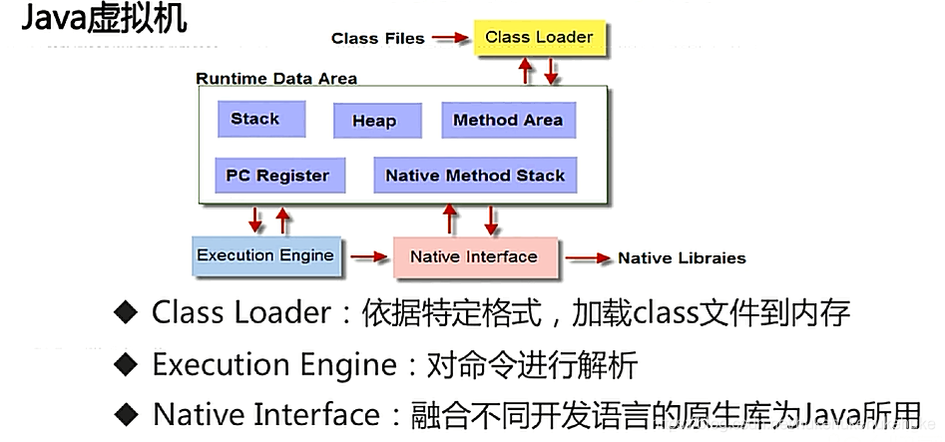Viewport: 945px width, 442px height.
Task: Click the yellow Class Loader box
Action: [538, 38]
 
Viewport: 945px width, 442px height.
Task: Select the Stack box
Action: [254, 119]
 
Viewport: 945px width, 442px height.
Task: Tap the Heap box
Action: [374, 121]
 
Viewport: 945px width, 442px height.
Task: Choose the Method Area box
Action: [508, 120]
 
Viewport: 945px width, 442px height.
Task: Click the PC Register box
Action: [277, 176]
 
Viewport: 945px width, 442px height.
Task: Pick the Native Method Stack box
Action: [475, 176]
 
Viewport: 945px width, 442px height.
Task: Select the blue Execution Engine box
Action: [265, 255]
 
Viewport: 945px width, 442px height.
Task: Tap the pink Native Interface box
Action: [473, 256]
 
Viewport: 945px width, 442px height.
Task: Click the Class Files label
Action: [377, 38]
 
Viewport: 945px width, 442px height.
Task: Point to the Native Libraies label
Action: [682, 257]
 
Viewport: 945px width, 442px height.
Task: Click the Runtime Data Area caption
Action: [276, 78]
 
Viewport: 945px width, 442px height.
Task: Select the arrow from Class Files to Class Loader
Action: [451, 38]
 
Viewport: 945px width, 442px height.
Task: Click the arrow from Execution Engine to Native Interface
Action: [368, 256]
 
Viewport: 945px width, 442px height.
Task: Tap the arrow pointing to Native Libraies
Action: [589, 257]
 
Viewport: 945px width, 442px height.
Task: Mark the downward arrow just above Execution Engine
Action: [256, 219]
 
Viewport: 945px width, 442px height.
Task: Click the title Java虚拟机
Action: [103, 19]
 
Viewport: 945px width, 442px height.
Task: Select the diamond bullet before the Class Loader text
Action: [124, 313]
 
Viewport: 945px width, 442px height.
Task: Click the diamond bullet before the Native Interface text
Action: [124, 413]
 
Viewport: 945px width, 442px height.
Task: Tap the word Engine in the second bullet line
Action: [346, 364]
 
